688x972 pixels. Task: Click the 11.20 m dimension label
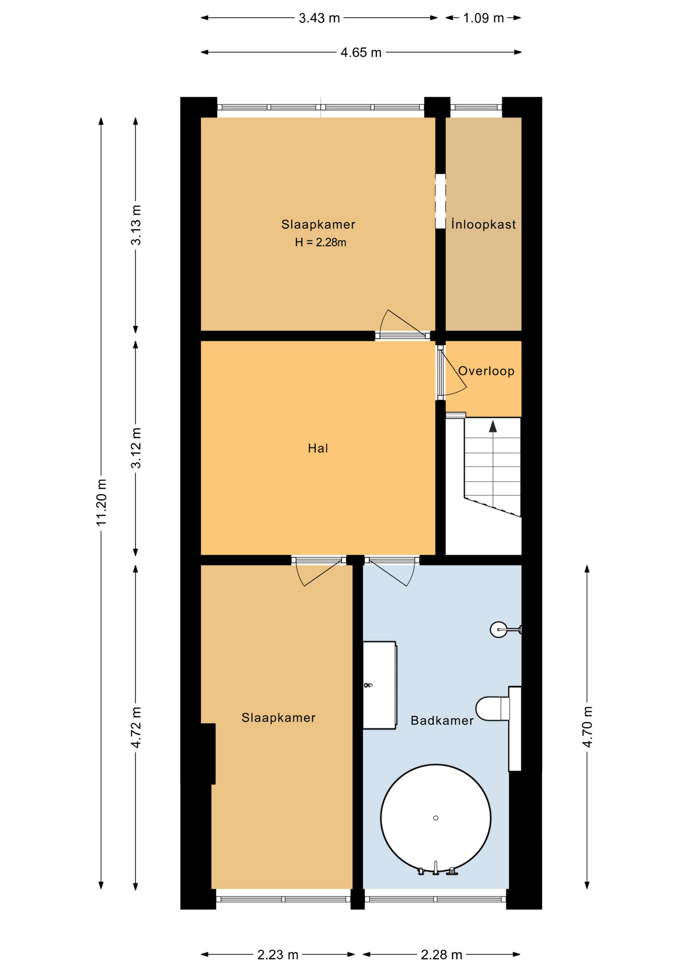point(101,502)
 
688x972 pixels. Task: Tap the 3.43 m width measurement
point(319,18)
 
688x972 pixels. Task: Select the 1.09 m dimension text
point(483,18)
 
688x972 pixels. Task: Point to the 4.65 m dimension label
point(361,53)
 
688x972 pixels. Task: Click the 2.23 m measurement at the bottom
point(278,955)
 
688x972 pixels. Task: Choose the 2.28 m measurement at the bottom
point(441,955)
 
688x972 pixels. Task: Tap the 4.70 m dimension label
point(587,727)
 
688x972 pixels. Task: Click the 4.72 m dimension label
point(136,727)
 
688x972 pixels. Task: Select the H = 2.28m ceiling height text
point(321,242)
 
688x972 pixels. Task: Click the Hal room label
point(318,448)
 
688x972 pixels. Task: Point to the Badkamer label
point(442,720)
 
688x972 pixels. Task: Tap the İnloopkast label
point(484,224)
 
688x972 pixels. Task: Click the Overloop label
point(486,371)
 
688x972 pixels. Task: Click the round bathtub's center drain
point(436,818)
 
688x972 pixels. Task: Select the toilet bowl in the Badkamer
point(493,708)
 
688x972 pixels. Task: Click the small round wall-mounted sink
point(499,629)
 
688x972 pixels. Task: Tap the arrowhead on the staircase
point(493,426)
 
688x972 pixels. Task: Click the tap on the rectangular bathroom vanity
point(368,685)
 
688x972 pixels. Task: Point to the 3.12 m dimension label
point(136,448)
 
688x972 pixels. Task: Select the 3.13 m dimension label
point(136,225)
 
